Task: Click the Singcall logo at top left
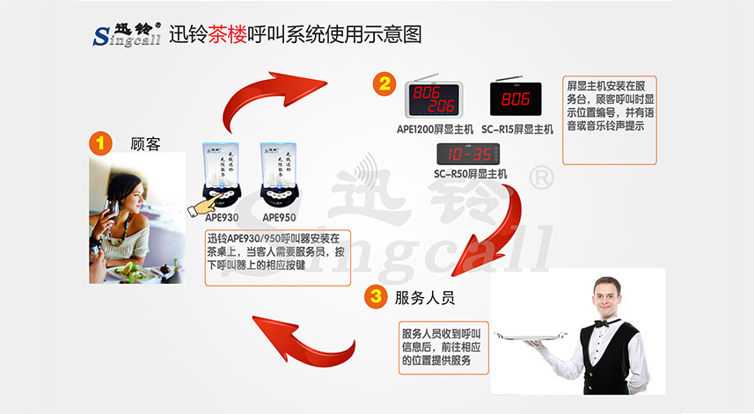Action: point(127,36)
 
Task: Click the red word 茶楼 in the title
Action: point(222,34)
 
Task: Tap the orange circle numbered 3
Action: point(375,297)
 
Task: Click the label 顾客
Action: point(145,143)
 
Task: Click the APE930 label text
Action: point(222,217)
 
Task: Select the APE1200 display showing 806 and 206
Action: point(434,99)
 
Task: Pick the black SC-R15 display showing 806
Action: point(516,99)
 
